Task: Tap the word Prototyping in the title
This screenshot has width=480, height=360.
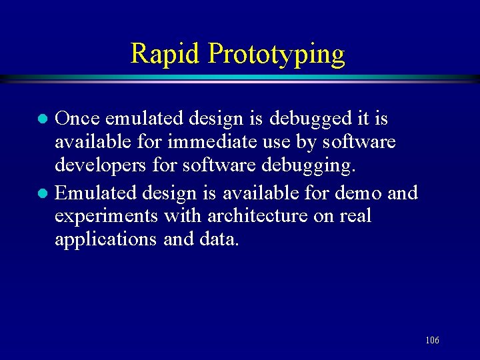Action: point(276,54)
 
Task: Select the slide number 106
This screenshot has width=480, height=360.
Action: point(432,341)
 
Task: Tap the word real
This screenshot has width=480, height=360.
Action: point(354,216)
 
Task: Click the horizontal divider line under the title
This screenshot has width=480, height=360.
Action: point(240,79)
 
